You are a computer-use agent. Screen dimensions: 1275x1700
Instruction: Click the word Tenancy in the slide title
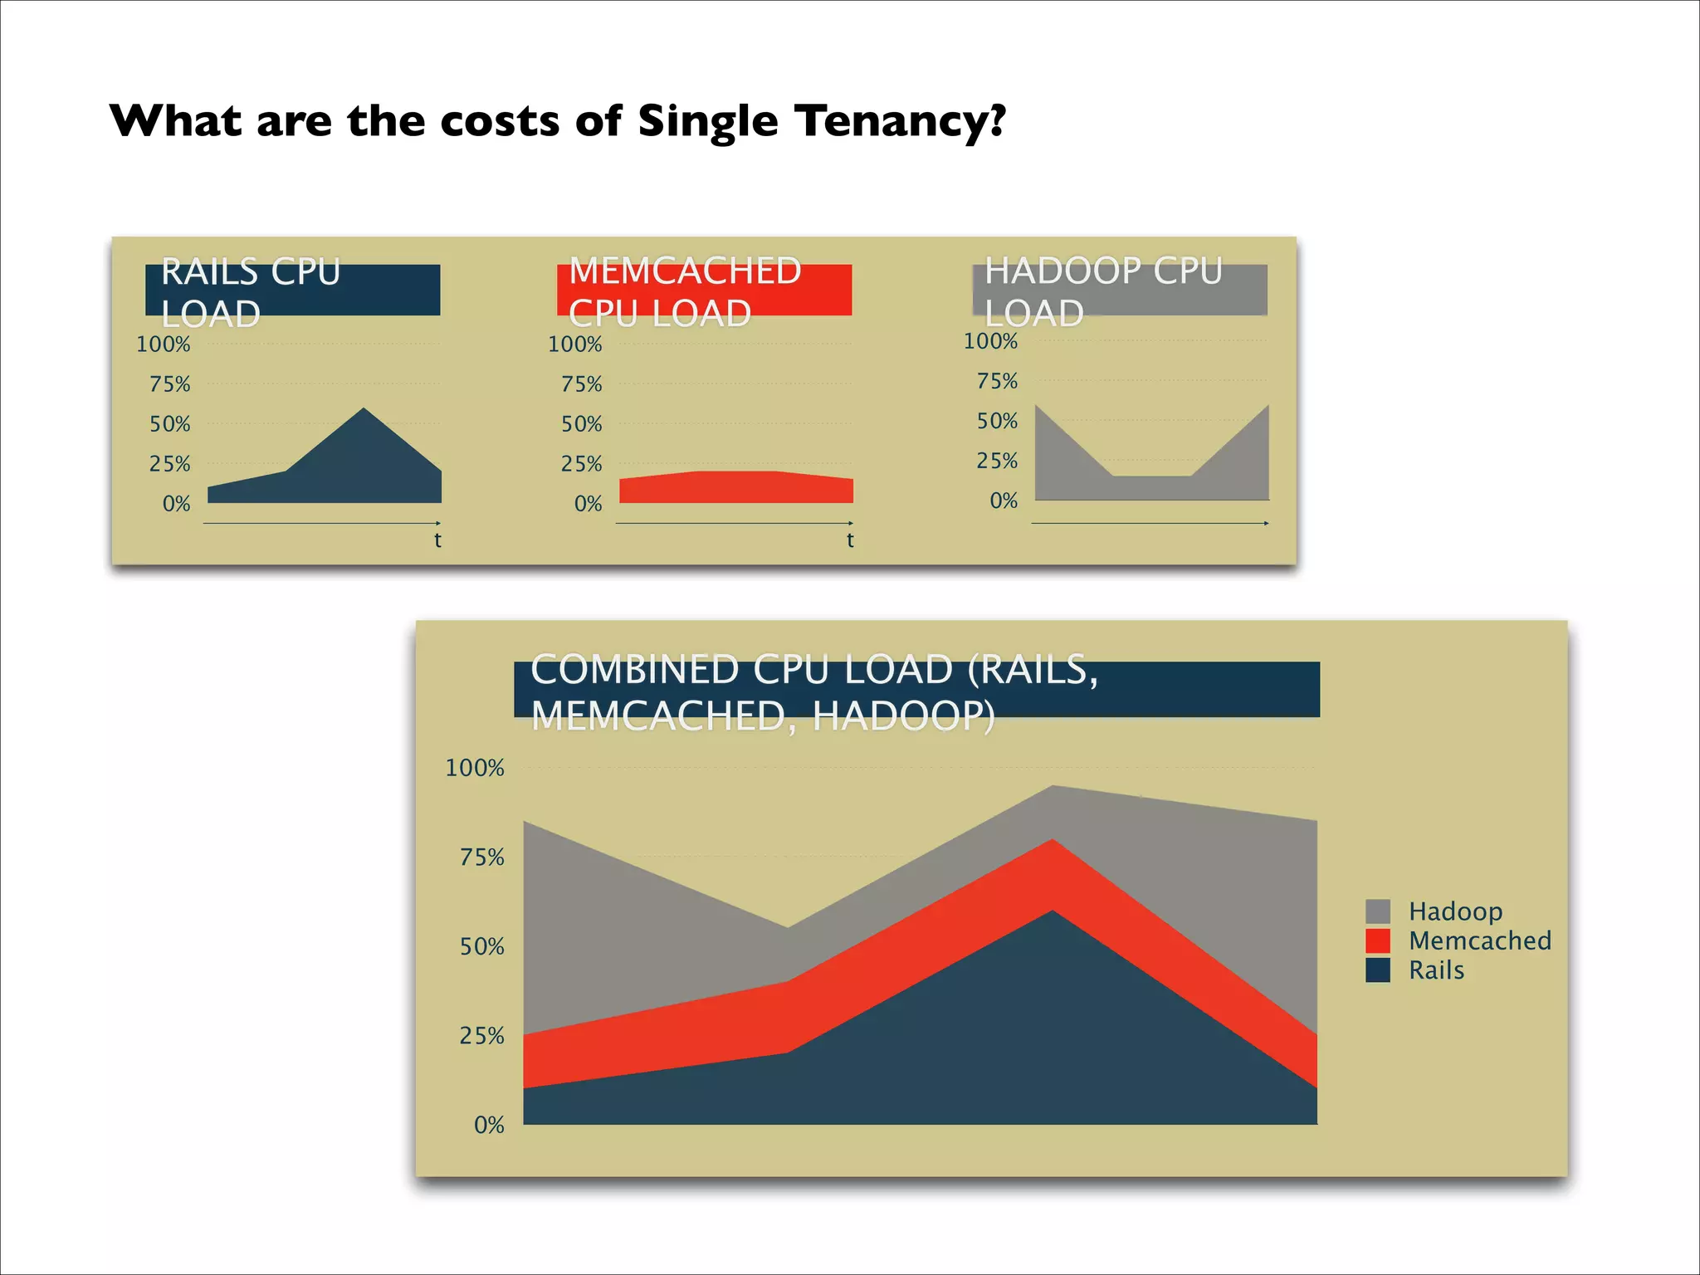[900, 121]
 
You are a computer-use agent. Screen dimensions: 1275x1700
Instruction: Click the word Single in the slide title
[707, 123]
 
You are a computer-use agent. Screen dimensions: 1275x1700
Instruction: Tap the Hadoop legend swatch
[1378, 911]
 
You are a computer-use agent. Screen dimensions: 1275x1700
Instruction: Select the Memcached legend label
[1479, 940]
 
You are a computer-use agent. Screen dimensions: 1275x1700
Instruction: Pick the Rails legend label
[1436, 970]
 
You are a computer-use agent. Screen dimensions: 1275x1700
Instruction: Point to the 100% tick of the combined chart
[475, 768]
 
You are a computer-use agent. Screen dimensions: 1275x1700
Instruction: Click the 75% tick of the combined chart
[482, 857]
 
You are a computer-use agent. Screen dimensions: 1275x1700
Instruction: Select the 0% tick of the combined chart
[489, 1126]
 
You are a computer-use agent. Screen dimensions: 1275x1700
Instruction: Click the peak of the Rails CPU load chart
[364, 409]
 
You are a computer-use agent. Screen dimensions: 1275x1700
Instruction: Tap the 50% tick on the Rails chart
[170, 424]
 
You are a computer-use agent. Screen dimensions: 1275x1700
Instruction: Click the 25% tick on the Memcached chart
[581, 464]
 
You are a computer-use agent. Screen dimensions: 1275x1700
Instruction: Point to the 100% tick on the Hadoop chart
[990, 341]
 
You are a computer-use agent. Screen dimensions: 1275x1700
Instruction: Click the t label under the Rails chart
[437, 540]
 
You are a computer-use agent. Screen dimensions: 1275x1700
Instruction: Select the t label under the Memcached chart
[850, 540]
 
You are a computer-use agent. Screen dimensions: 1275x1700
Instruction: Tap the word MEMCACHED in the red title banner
[685, 271]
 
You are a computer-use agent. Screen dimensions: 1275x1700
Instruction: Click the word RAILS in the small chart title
[210, 272]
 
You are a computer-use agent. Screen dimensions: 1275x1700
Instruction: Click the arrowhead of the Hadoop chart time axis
[1266, 523]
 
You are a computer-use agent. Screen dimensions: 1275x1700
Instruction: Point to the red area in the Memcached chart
[735, 487]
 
